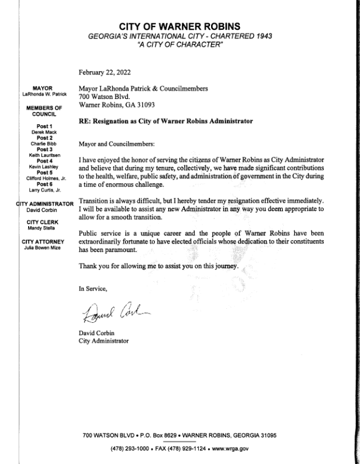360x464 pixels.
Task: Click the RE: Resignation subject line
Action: click(165, 122)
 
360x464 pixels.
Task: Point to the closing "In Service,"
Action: click(94, 288)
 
